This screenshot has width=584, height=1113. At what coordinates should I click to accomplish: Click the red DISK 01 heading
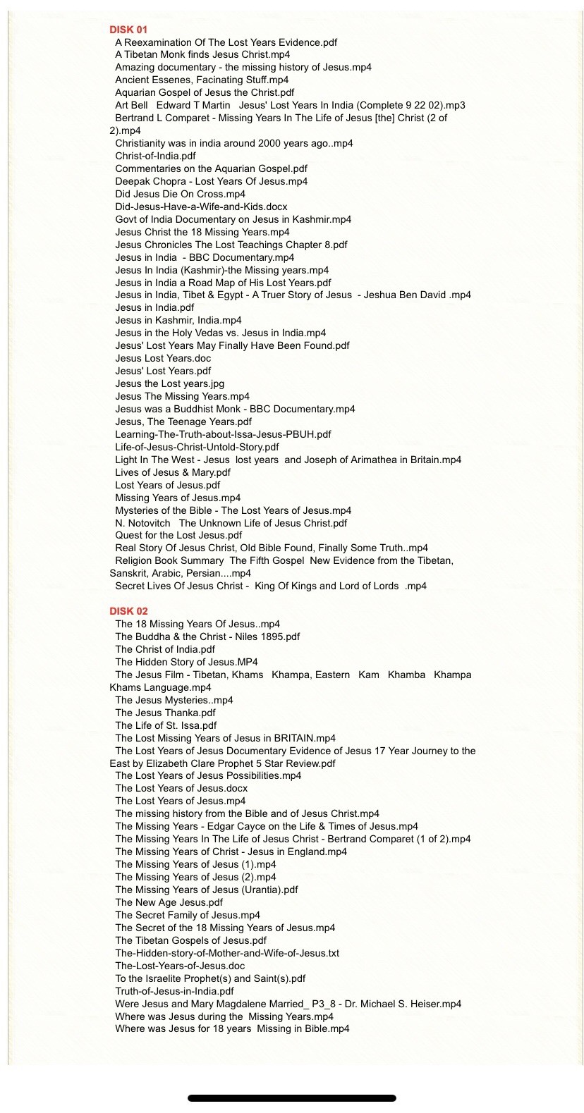128,30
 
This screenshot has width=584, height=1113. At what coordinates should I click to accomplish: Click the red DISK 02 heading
128,611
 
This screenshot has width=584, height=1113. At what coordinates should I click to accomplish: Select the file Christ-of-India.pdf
155,156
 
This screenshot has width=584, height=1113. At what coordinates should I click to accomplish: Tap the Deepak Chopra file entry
211,181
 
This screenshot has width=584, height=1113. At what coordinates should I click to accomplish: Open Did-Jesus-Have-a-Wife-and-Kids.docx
201,207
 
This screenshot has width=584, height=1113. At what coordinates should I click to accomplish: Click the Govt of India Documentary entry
233,219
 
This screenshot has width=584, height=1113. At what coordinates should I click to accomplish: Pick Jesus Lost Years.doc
163,358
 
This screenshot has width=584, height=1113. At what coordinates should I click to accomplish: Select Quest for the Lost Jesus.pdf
178,535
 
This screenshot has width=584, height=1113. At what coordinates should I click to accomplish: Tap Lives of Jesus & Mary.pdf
173,472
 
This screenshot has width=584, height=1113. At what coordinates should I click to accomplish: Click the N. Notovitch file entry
231,523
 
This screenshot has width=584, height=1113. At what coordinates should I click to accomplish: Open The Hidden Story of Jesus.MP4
186,662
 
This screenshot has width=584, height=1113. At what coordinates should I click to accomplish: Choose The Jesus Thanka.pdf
165,713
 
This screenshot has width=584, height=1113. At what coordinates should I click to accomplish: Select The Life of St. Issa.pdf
166,725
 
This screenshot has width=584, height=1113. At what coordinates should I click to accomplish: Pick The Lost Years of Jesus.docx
181,788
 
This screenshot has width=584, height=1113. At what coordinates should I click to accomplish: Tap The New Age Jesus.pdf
169,902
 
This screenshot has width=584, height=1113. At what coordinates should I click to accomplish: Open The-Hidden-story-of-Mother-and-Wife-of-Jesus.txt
227,953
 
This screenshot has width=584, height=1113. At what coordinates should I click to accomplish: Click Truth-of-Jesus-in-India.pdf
174,991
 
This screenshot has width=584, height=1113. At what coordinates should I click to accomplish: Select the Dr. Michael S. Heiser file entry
288,1004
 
